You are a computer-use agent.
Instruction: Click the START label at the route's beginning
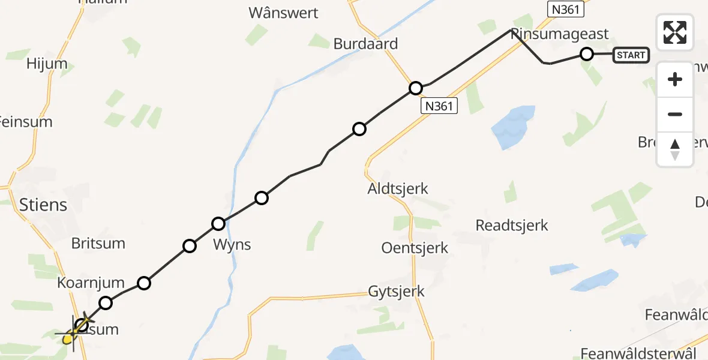pyautogui.click(x=631, y=55)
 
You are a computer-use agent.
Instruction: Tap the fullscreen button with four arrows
pyautogui.click(x=675, y=32)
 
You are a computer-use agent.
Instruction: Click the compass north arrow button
pyautogui.click(x=675, y=149)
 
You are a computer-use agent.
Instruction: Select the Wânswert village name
pyautogui.click(x=283, y=13)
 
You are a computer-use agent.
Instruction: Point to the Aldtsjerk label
pyautogui.click(x=398, y=188)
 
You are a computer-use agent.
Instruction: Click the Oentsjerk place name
pyautogui.click(x=415, y=247)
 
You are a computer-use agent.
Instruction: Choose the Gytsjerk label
pyautogui.click(x=396, y=292)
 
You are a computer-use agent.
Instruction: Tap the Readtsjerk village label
pyautogui.click(x=512, y=226)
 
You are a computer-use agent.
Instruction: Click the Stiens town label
pyautogui.click(x=43, y=205)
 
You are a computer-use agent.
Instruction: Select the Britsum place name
pyautogui.click(x=98, y=243)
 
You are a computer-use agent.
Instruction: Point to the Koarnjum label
pyautogui.click(x=91, y=283)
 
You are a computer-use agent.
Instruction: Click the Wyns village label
pyautogui.click(x=232, y=245)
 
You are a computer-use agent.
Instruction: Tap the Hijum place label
pyautogui.click(x=47, y=64)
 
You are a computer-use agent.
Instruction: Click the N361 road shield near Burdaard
pyautogui.click(x=439, y=106)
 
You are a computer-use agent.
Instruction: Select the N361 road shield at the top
pyautogui.click(x=565, y=10)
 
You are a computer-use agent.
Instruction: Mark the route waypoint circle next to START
pyautogui.click(x=587, y=55)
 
